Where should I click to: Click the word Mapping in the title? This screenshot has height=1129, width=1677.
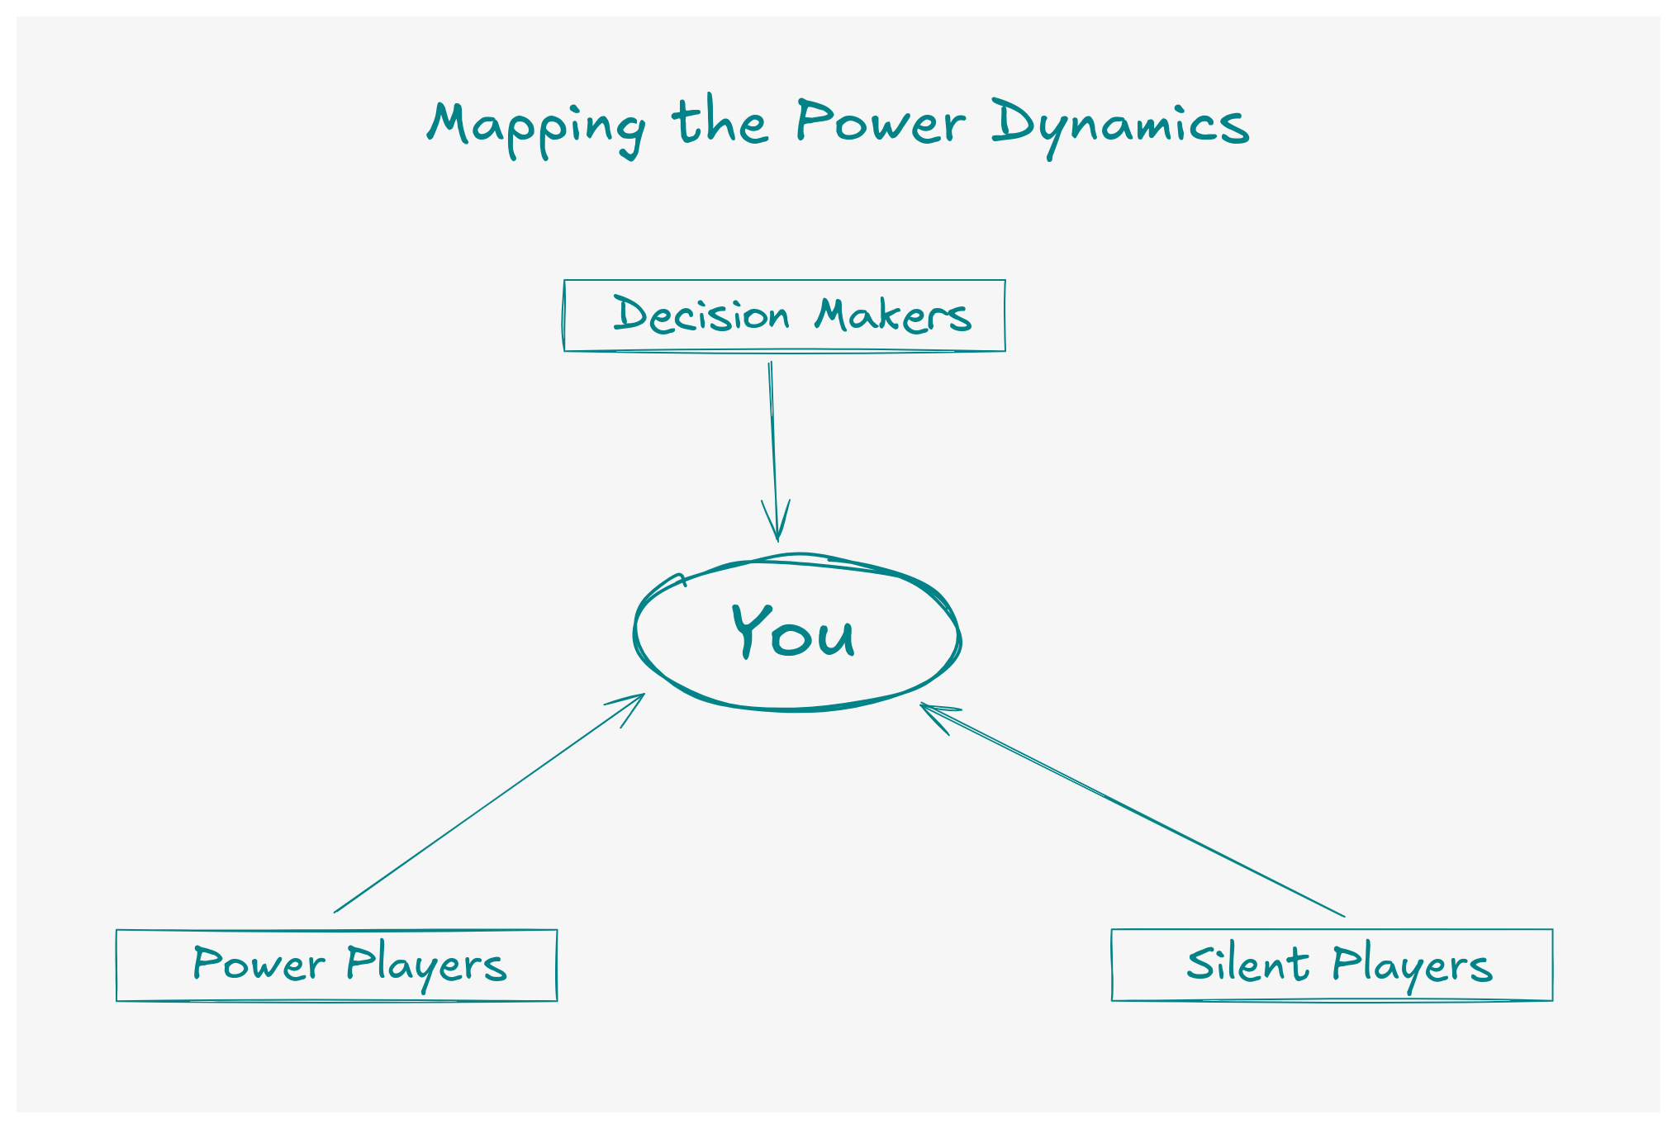(x=535, y=126)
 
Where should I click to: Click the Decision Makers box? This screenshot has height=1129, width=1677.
(x=785, y=315)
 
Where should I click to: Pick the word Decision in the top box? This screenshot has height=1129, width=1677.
(x=701, y=315)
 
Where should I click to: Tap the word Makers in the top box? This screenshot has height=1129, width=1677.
(x=893, y=315)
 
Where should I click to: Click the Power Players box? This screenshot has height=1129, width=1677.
(x=337, y=965)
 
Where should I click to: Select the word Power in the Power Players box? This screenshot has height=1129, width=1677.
(x=259, y=965)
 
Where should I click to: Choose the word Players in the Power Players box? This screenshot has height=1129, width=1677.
(x=426, y=965)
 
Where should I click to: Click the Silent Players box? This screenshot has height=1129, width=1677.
(x=1332, y=965)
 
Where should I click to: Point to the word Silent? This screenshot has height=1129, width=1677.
(x=1247, y=964)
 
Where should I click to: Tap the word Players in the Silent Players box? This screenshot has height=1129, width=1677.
(x=1412, y=965)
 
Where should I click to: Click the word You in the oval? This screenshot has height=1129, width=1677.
(x=793, y=632)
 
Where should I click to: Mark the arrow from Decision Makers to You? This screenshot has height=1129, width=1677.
(x=773, y=446)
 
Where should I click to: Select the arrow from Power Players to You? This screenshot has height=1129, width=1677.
(x=487, y=804)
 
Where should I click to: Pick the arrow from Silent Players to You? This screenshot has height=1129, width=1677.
(x=1132, y=809)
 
